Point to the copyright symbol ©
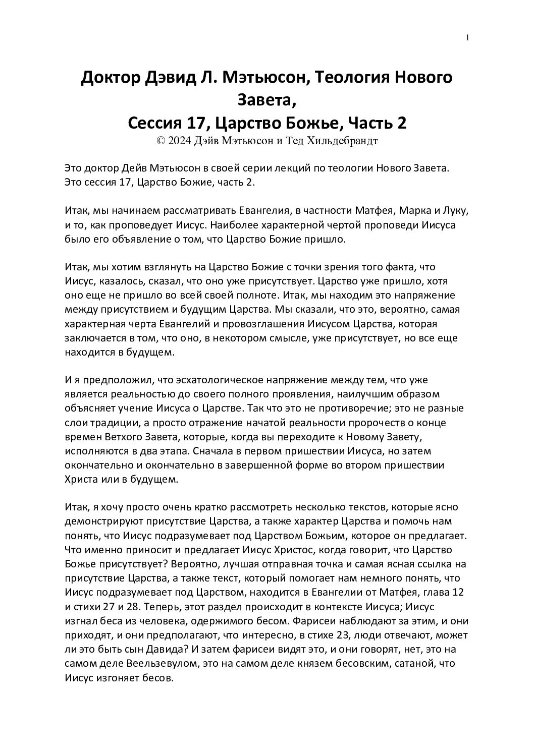pyautogui.click(x=162, y=142)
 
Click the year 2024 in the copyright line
pyautogui.click(x=180, y=142)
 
